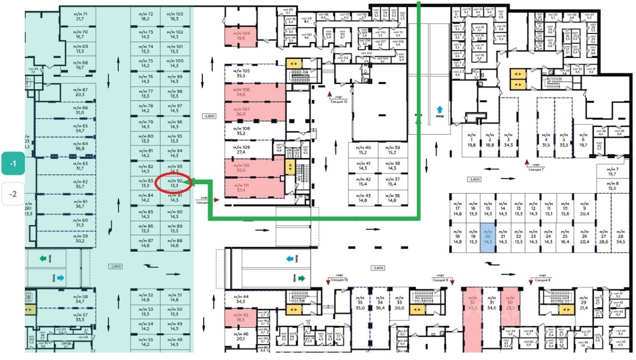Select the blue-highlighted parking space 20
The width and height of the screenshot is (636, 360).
[487, 238]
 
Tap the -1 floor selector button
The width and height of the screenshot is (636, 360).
[13, 164]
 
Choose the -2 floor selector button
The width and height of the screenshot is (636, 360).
[13, 194]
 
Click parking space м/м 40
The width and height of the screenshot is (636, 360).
[362, 150]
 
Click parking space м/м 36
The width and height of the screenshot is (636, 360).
[392, 198]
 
